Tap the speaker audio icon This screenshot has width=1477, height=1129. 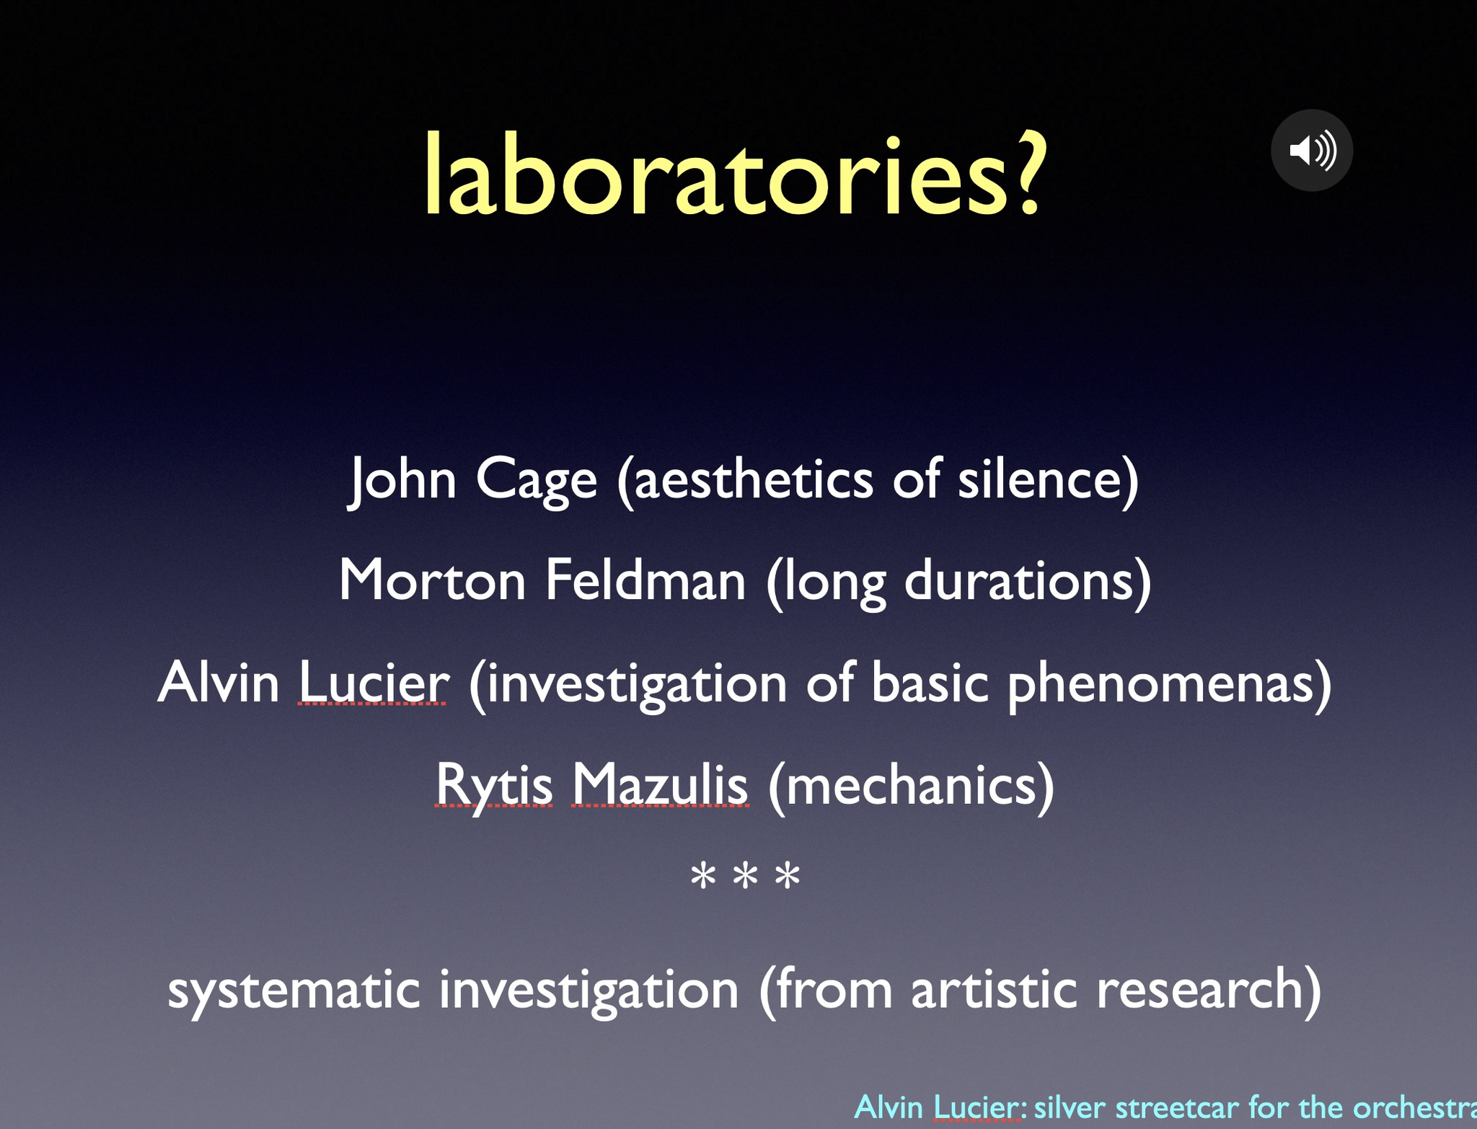click(1312, 150)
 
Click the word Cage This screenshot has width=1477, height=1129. click(537, 480)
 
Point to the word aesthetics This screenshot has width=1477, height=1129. click(754, 479)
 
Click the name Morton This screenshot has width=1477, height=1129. click(433, 580)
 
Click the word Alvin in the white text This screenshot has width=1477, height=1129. click(219, 682)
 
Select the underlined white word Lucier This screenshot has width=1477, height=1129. click(373, 682)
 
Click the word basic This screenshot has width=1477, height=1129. click(930, 681)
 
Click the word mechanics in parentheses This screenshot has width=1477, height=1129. click(912, 784)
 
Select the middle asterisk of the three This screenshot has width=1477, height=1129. click(745, 876)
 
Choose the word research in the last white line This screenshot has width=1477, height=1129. click(1199, 989)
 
